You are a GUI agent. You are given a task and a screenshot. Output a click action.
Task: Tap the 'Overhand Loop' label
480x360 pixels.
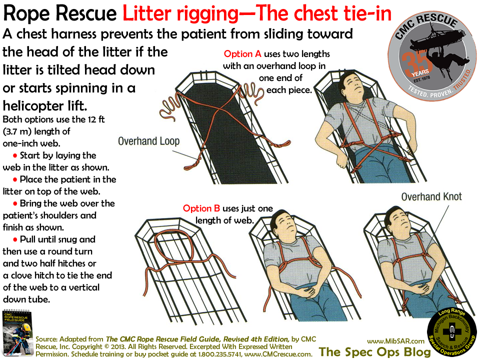[148, 141]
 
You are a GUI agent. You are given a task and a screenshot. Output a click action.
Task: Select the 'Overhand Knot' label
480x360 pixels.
[431, 196]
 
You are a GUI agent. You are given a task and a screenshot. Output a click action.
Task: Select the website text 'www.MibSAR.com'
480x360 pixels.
[395, 340]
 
